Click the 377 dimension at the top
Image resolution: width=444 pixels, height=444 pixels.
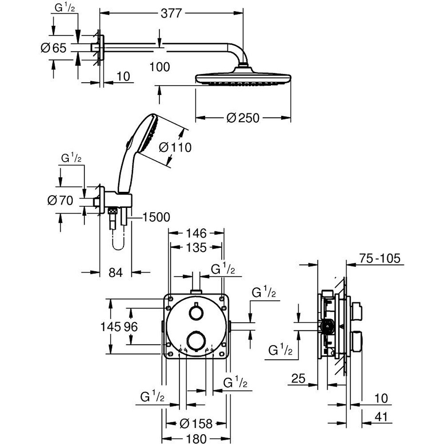click(x=170, y=13)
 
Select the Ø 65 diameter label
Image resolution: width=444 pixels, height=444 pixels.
click(x=53, y=48)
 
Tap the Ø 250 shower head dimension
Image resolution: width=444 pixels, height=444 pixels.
click(x=242, y=118)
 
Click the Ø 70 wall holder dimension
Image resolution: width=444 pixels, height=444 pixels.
click(x=60, y=201)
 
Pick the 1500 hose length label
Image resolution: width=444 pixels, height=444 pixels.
click(x=156, y=217)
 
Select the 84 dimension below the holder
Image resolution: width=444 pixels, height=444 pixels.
click(x=115, y=273)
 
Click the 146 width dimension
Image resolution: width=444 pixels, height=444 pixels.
click(x=196, y=233)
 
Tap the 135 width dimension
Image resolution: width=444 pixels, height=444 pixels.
click(x=196, y=247)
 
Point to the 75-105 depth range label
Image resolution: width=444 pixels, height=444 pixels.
click(x=380, y=258)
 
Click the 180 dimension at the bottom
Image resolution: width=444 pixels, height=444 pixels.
click(x=196, y=438)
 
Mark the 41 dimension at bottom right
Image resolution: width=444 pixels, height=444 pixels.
click(x=380, y=417)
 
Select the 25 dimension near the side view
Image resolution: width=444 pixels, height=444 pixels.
click(x=298, y=378)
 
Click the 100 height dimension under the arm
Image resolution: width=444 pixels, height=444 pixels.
click(x=160, y=67)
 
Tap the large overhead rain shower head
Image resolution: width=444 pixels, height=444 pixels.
click(x=243, y=79)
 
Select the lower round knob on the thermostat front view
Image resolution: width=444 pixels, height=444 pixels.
click(x=195, y=341)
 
